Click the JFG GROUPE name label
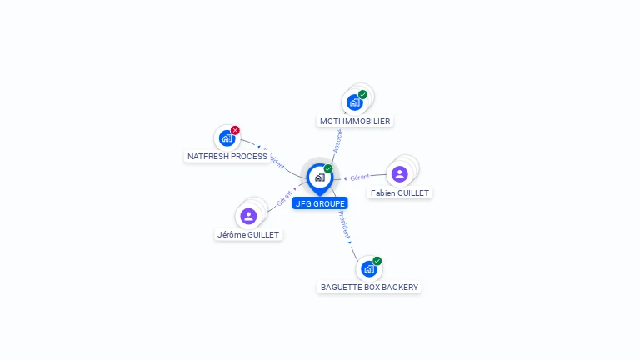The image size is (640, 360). click(x=319, y=203)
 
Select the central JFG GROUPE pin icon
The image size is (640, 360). click(x=319, y=177)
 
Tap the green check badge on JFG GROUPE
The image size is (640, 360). click(x=328, y=169)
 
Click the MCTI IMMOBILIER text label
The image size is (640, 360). click(x=355, y=121)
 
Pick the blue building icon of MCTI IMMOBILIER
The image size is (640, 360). click(x=355, y=102)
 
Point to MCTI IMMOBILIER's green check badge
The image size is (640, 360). click(x=362, y=94)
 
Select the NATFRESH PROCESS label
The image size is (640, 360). click(x=227, y=156)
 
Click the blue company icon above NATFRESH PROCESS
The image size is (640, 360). click(x=227, y=138)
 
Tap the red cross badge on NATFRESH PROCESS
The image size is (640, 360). click(x=235, y=130)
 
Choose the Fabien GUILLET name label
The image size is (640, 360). click(x=400, y=192)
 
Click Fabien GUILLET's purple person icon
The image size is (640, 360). click(x=400, y=173)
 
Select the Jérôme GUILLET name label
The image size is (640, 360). click(x=248, y=234)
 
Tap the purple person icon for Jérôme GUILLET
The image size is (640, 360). click(x=248, y=216)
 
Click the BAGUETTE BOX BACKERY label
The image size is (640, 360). click(x=369, y=287)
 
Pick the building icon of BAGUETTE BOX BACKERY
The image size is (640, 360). click(x=368, y=269)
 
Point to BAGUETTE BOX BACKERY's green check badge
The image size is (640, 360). click(x=377, y=261)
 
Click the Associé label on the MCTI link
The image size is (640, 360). click(x=337, y=139)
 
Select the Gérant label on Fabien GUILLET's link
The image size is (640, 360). click(x=359, y=177)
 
